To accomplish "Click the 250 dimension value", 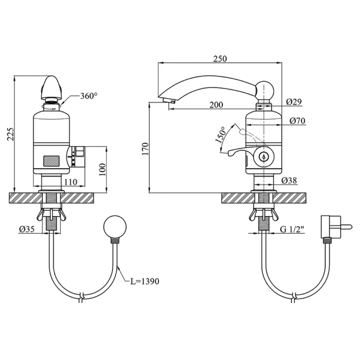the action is [x=220, y=59].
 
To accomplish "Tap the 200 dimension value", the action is [x=216, y=105].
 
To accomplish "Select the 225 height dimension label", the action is [x=10, y=134].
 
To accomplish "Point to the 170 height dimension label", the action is [x=145, y=149].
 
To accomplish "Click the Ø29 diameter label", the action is [x=294, y=102].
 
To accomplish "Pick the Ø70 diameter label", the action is [x=297, y=121].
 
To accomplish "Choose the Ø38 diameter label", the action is [x=289, y=181].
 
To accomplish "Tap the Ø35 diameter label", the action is [x=27, y=229].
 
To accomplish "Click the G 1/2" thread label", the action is [x=292, y=229].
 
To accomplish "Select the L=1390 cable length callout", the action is [x=145, y=281].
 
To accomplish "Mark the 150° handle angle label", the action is [x=221, y=135].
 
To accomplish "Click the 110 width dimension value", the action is [x=70, y=182].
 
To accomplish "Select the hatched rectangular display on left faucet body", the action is [x=51, y=161].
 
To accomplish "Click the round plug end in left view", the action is [x=115, y=226].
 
